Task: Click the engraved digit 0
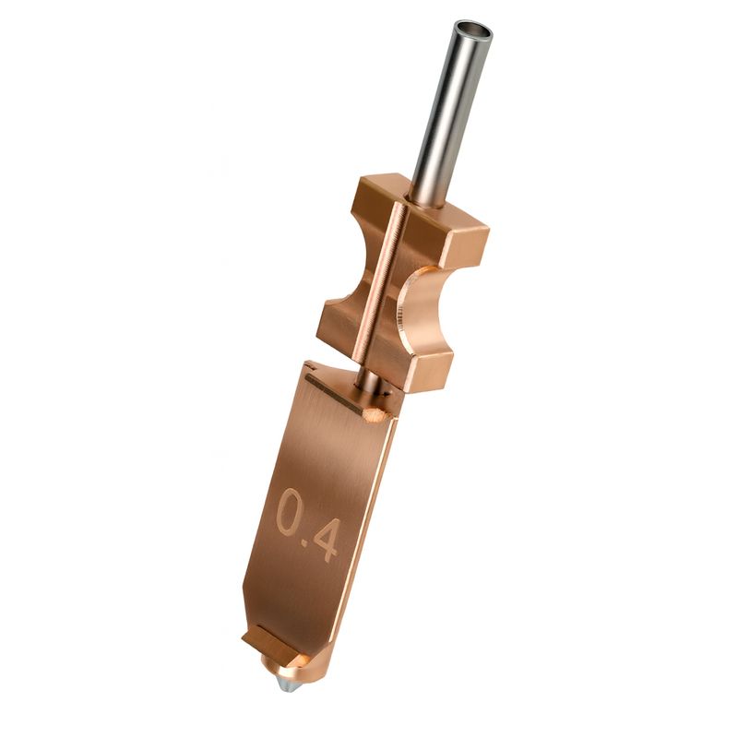tap(291, 513)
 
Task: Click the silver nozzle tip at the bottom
tap(287, 685)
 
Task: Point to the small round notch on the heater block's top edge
tap(375, 414)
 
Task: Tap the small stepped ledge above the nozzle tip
tap(273, 646)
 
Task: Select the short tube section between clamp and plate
tap(366, 379)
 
